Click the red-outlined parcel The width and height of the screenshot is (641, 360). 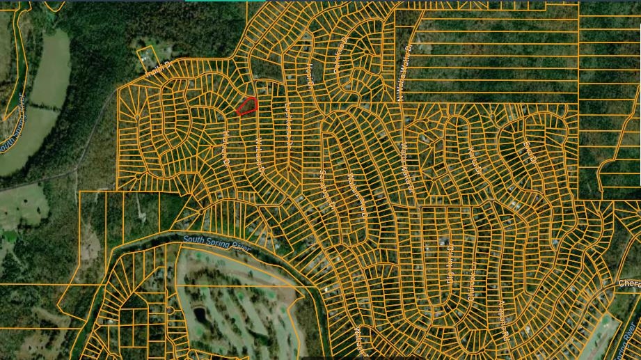[247, 106]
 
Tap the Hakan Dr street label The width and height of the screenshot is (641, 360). [227, 148]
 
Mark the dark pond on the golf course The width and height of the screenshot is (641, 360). [200, 315]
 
